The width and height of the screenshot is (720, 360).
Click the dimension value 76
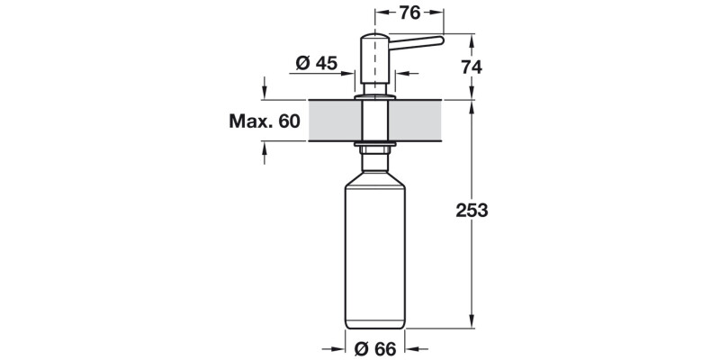point(409,13)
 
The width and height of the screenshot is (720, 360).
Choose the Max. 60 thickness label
point(264,121)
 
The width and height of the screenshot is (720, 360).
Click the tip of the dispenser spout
point(440,40)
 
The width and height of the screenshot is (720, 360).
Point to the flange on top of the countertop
point(374,94)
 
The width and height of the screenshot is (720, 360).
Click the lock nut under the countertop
point(374,144)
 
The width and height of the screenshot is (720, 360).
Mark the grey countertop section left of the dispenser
point(333,121)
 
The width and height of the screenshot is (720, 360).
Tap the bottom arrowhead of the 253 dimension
point(472,324)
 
